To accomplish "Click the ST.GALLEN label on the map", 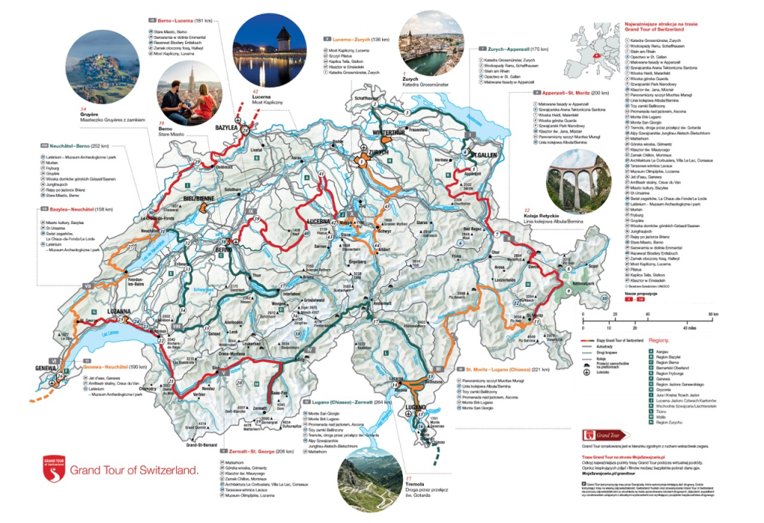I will [x=484, y=155].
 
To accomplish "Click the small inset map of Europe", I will [x=595, y=48].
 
